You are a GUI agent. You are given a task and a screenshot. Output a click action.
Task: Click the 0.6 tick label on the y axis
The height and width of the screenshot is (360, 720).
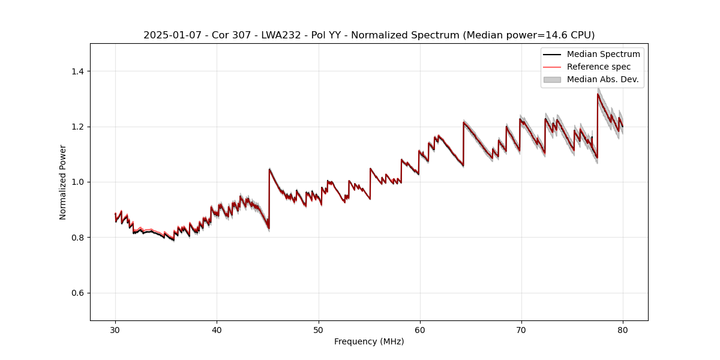[77, 293]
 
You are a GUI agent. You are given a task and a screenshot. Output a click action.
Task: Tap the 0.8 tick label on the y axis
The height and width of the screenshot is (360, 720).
[77, 238]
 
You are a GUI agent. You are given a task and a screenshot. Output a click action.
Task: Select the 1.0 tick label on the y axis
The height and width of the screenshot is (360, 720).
[77, 182]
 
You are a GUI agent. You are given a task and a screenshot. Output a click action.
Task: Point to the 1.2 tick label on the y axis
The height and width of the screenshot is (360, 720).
[77, 127]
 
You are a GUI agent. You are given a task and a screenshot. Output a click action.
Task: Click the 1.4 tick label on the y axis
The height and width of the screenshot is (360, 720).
[77, 71]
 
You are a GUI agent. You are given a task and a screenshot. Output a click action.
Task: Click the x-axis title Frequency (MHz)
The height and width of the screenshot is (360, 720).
[369, 341]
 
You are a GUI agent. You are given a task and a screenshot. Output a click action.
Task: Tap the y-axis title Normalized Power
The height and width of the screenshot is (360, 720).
[63, 182]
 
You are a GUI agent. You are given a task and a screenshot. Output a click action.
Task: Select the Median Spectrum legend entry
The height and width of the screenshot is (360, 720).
[603, 54]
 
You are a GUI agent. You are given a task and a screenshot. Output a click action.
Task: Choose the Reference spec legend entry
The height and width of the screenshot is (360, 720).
[599, 67]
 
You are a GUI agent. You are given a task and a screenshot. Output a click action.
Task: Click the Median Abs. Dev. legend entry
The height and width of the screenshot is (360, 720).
[602, 79]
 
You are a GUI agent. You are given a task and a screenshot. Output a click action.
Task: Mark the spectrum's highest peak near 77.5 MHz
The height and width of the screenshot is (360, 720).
[598, 94]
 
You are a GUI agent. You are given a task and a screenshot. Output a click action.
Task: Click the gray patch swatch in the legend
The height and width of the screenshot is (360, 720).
[552, 79]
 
